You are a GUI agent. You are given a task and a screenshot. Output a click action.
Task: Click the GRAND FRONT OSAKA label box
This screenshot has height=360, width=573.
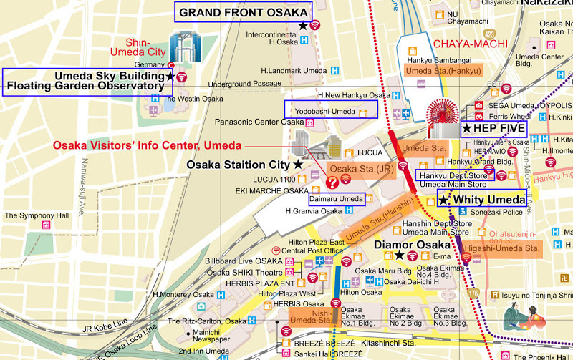click(x=244, y=12)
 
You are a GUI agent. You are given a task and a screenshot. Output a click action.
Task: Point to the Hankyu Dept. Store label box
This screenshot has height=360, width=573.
click(x=453, y=175)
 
